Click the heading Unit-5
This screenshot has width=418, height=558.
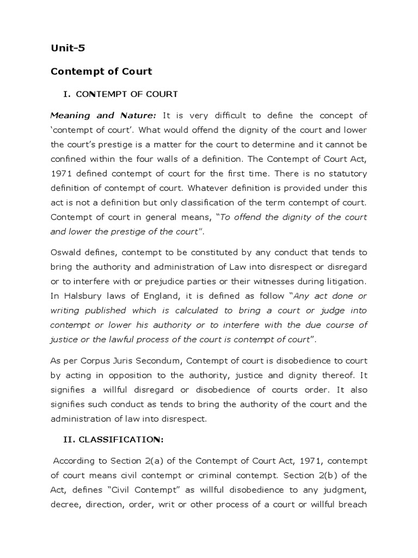click(x=67, y=48)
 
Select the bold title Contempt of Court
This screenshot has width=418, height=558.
click(x=101, y=71)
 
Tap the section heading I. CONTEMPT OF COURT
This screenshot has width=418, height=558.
click(x=120, y=94)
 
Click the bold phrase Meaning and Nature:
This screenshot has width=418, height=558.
click(x=103, y=115)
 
